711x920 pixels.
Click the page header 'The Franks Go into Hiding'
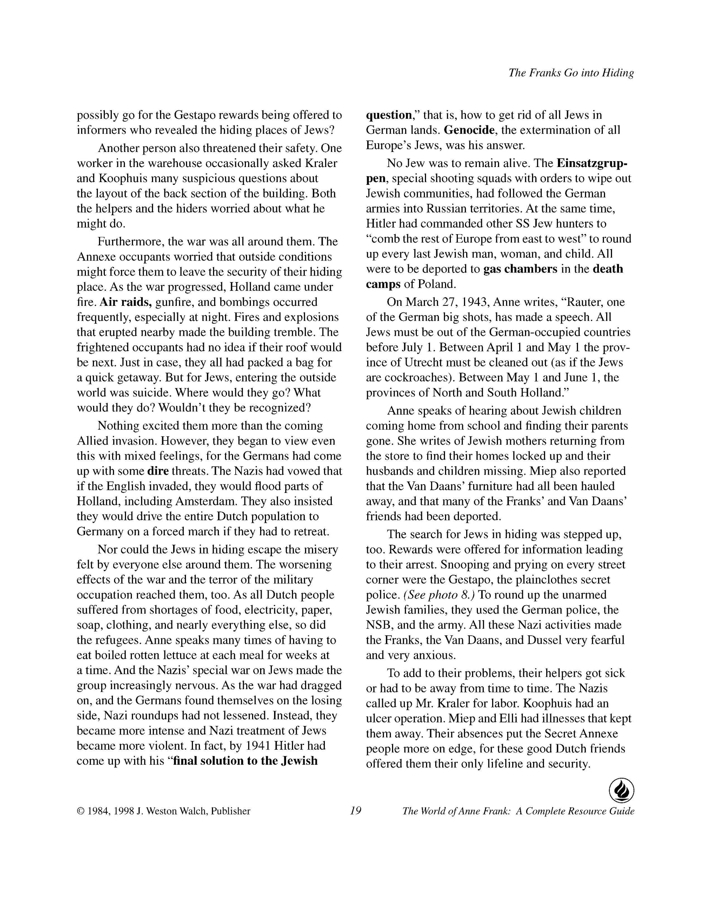[571, 73]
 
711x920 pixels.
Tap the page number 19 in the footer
[355, 810]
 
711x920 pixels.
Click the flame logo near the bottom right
[622, 791]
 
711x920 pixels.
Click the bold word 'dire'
[158, 471]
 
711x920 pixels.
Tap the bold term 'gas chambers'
[520, 269]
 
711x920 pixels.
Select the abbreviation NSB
[379, 625]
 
